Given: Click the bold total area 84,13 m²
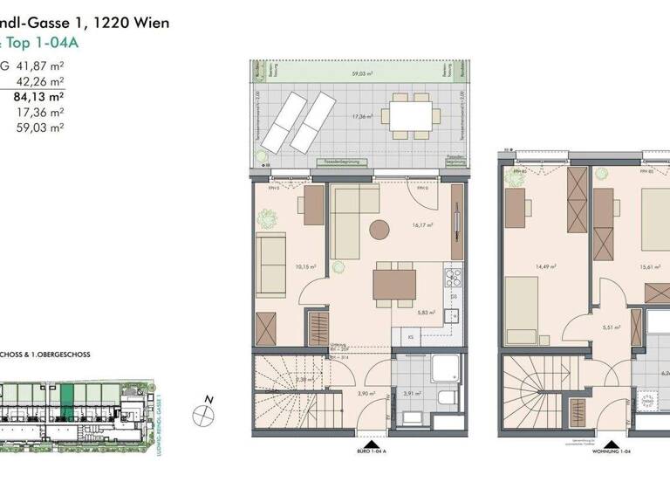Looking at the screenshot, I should coord(40,97).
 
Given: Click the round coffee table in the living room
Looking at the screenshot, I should coord(380,231).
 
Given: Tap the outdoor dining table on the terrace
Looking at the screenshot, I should coord(409,115).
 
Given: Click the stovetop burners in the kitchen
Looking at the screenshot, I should coord(454,279).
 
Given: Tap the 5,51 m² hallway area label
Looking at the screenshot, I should coord(611,327).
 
